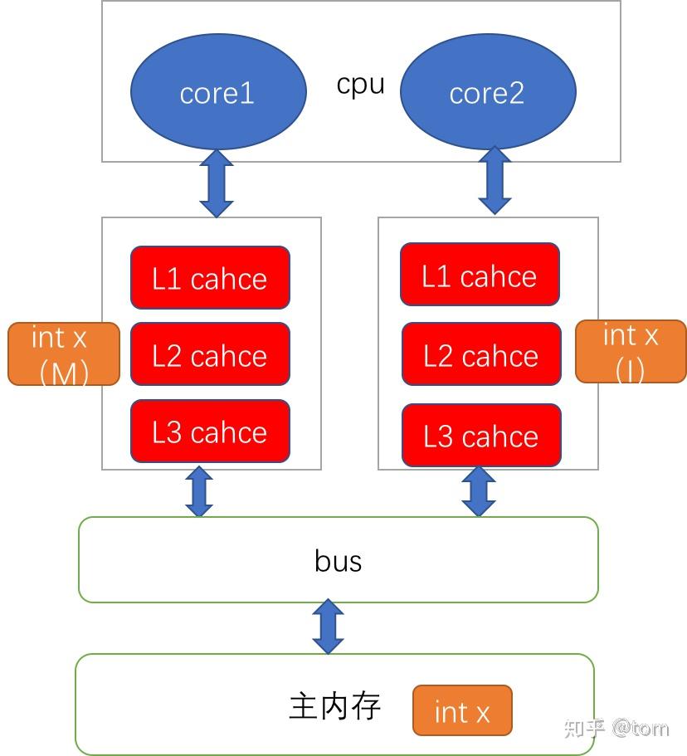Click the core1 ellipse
218,92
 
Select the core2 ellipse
487,92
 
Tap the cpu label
361,85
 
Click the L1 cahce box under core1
210,278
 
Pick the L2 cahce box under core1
210,355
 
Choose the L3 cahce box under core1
210,432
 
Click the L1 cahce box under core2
480,275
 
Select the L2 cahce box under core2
481,355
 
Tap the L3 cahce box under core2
481,436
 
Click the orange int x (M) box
64,354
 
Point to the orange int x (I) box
631,351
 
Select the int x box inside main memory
462,711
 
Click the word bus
339,561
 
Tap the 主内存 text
335,706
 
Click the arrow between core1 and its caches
217,183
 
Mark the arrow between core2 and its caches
495,181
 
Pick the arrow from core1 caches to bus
199,492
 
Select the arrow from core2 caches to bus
478,491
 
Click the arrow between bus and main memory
329,627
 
